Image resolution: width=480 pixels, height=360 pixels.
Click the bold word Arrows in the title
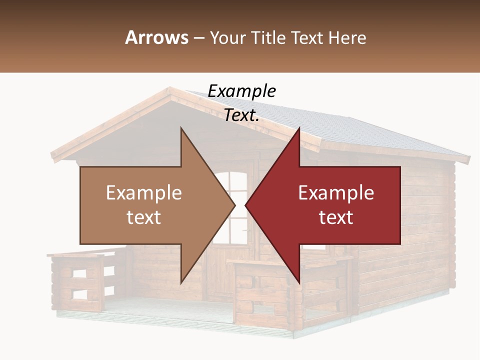[x=156, y=37]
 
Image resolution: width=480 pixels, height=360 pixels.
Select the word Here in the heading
[x=347, y=37]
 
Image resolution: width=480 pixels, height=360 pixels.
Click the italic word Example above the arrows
[x=241, y=91]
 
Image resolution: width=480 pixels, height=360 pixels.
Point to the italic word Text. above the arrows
[x=241, y=115]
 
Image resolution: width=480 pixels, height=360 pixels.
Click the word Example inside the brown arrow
[x=143, y=192]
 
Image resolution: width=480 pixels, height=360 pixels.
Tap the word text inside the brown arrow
[x=143, y=217]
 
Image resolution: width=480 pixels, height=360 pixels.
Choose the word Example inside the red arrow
[x=336, y=192]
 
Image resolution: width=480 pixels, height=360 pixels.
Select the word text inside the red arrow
[x=336, y=217]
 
